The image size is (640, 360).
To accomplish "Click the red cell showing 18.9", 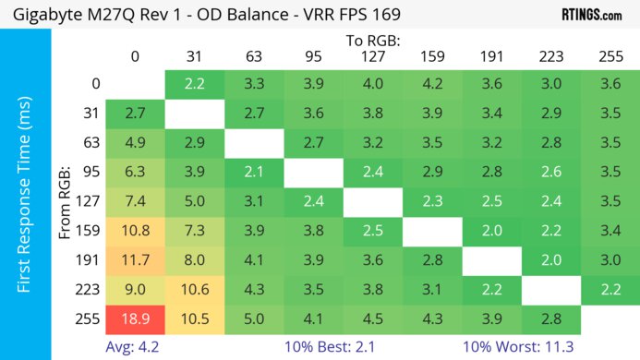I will point(135,319).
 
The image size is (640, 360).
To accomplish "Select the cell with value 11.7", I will point(135,259).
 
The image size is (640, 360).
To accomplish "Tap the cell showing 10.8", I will point(135,230).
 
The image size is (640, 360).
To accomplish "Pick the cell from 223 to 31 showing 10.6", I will point(194,290).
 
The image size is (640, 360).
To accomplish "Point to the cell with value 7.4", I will point(135,201).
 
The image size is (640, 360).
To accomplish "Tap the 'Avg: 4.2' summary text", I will point(135,347).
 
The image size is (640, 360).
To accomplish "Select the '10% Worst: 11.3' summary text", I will point(525,347).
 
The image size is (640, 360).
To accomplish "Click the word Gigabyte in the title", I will point(43,16).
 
